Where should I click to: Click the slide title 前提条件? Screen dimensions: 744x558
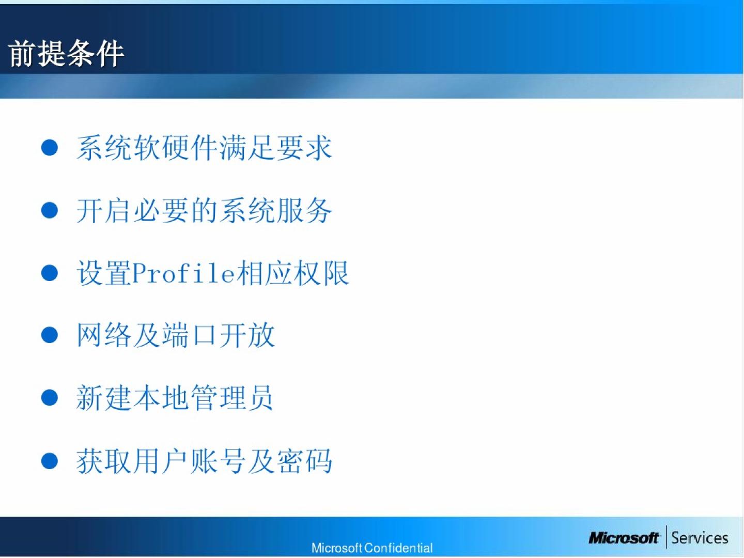pyautogui.click(x=66, y=53)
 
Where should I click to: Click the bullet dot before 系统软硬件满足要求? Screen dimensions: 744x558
pyautogui.click(x=50, y=148)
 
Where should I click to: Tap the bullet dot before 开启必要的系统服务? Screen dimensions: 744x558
pyautogui.click(x=50, y=210)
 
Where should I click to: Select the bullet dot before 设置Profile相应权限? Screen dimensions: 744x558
pyautogui.click(x=50, y=273)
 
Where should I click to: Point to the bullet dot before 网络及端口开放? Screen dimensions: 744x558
pyautogui.click(x=50, y=335)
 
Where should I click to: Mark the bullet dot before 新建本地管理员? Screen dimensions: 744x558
pyautogui.click(x=50, y=397)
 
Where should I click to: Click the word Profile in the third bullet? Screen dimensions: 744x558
pyautogui.click(x=183, y=273)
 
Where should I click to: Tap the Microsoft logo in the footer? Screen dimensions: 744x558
pyautogui.click(x=624, y=538)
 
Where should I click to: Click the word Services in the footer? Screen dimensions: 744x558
pyautogui.click(x=700, y=538)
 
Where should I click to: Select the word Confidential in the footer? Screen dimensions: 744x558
pyautogui.click(x=398, y=548)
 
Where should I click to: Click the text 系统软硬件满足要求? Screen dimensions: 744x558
pyautogui.click(x=204, y=148)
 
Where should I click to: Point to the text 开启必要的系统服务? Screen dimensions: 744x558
pyautogui.click(x=204, y=210)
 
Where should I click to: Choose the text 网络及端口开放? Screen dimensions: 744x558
pyautogui.click(x=176, y=335)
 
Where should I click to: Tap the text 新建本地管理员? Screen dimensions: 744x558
pyautogui.click(x=175, y=397)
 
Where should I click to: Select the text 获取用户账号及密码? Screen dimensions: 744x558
pyautogui.click(x=204, y=461)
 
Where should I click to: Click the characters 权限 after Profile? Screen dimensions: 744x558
pyautogui.click(x=321, y=273)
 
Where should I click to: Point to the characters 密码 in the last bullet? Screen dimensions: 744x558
pyautogui.click(x=304, y=461)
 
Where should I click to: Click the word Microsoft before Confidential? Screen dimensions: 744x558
pyautogui.click(x=337, y=548)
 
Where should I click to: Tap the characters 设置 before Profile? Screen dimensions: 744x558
pyautogui.click(x=104, y=273)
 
